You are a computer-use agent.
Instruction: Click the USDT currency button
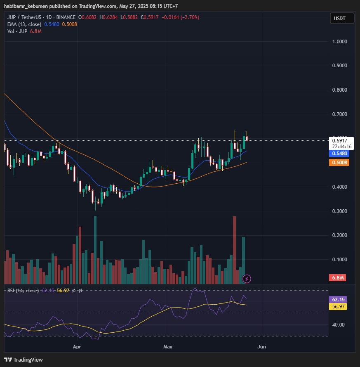(340, 19)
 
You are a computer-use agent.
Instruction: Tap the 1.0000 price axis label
(340, 42)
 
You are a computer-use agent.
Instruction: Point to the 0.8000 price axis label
(340, 90)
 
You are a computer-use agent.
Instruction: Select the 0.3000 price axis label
(340, 211)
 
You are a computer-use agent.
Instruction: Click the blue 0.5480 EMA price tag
(340, 154)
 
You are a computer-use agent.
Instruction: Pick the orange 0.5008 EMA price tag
(340, 163)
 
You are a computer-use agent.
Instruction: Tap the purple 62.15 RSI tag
(340, 300)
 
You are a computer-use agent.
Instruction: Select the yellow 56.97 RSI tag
(340, 306)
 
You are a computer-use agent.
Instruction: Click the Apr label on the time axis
(77, 347)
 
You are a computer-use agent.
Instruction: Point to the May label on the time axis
(167, 347)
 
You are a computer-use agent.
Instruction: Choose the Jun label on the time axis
(261, 347)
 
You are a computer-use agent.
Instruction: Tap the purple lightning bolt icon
(247, 279)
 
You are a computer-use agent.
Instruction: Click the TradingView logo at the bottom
(24, 360)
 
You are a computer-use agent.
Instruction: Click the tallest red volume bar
(234, 250)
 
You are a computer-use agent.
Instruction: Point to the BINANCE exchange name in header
(66, 17)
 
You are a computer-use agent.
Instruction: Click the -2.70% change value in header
(188, 17)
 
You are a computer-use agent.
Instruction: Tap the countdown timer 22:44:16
(340, 147)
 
